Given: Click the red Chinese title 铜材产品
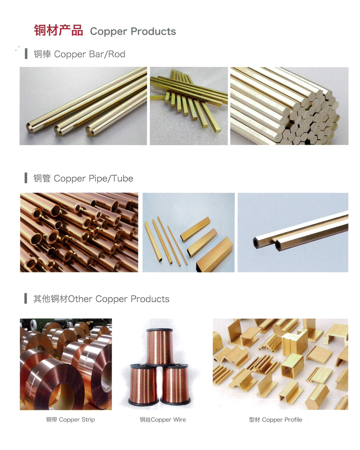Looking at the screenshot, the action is pos(58,31).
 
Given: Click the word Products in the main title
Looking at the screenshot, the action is pos(153,31).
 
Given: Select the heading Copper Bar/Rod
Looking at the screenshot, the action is pos(90,54).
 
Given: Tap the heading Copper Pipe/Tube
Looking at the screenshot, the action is pos(94,178).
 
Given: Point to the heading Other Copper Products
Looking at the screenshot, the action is pos(119,299).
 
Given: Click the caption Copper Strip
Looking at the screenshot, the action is pos(77,419).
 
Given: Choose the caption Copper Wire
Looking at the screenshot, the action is pos(168,419).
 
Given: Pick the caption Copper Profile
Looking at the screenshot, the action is pos(282,419).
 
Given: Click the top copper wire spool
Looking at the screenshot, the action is pos(160,347).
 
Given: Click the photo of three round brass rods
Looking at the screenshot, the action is pos(83,106).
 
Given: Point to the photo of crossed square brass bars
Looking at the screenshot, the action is pos(189,106).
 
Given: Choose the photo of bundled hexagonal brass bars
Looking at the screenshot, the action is pos(289,106).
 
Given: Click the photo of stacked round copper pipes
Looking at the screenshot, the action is pos(79,232).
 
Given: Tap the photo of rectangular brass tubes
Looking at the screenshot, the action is pos(189,232).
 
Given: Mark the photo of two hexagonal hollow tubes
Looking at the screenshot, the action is pos(293,232).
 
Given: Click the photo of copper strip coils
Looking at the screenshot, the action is pos(66,364).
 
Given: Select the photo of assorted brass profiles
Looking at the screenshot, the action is pos(280,364).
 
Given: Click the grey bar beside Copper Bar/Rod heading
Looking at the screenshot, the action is pos(27,53).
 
